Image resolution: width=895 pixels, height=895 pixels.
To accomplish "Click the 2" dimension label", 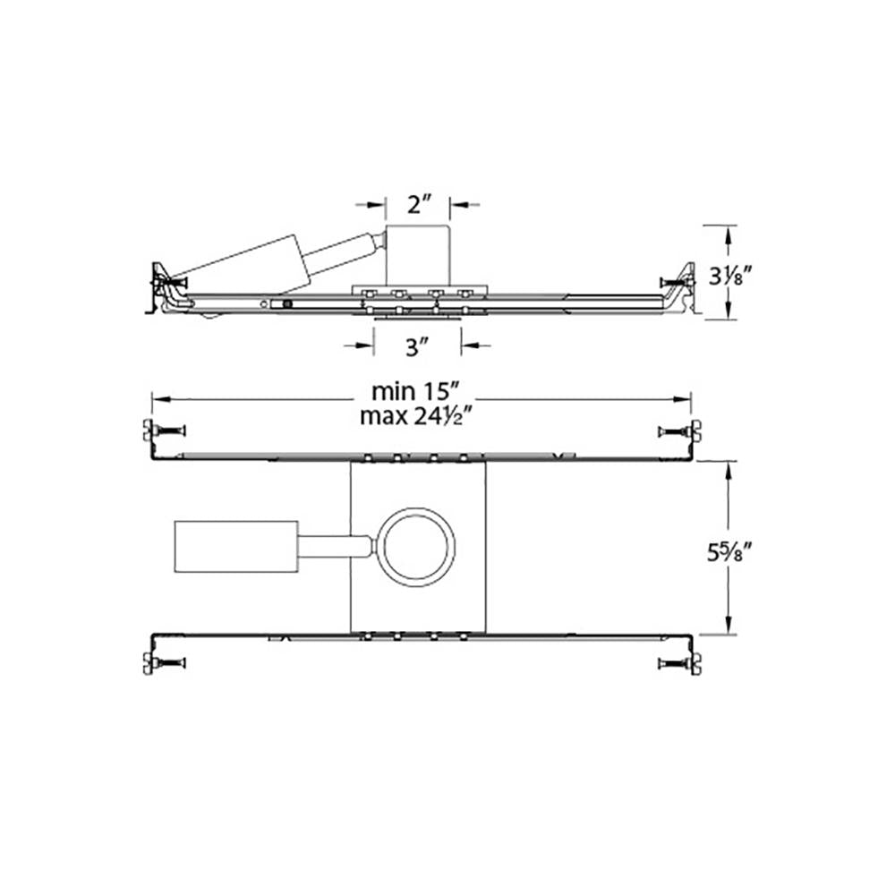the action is click(418, 204).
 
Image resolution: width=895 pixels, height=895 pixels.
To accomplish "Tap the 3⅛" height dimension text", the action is click(728, 277).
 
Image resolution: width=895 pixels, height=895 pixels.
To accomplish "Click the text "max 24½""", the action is click(416, 416).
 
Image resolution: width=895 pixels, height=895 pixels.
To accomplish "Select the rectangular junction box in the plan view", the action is click(235, 546).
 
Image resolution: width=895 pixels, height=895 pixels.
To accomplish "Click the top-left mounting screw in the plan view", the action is click(165, 431).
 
